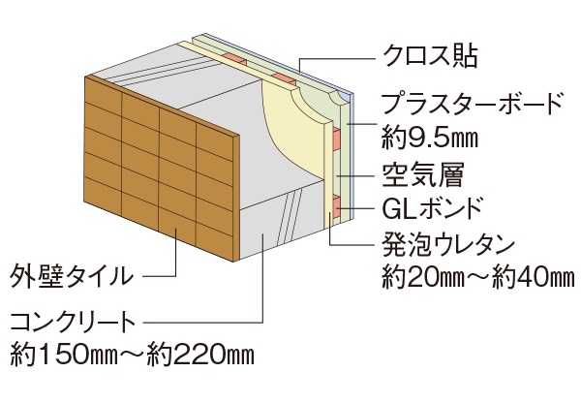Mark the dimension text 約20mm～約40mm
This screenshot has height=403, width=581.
pos(477,274)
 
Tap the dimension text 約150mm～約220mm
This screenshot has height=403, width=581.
pos(133,353)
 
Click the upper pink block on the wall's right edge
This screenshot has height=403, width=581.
pos(335,138)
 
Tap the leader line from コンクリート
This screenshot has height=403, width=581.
pos(261,291)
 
